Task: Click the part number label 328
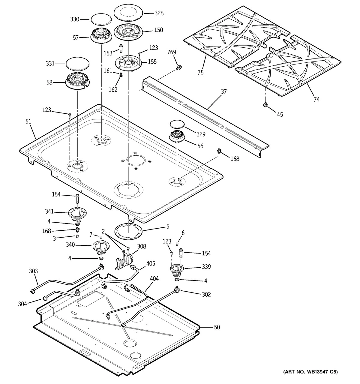click(159, 13)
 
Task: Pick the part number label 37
click(223, 92)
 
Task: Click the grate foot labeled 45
click(265, 105)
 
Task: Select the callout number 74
click(316, 99)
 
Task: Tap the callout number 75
click(200, 72)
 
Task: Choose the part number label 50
click(217, 327)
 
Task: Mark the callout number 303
click(33, 271)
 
